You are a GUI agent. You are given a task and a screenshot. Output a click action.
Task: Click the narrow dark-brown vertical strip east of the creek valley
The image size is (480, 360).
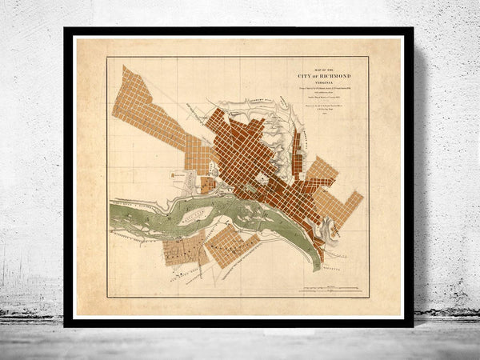298,152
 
